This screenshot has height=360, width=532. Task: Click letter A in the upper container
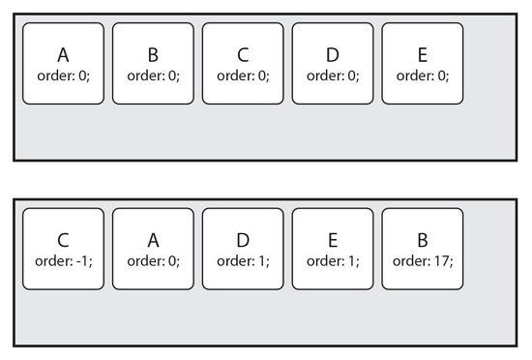(64, 55)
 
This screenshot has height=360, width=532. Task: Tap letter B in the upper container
(154, 55)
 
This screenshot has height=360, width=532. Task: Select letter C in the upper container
(243, 55)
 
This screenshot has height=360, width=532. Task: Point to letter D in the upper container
(333, 55)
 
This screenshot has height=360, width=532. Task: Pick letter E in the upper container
(423, 55)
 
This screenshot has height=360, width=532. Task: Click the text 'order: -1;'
(64, 260)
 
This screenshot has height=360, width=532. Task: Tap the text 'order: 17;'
(423, 260)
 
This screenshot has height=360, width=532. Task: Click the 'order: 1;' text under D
(243, 260)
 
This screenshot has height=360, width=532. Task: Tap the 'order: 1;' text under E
(333, 260)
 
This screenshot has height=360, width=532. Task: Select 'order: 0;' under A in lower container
(154, 260)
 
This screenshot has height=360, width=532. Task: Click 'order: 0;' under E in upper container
(423, 75)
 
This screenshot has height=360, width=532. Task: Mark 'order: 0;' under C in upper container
(243, 75)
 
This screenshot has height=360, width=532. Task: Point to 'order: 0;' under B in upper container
(154, 75)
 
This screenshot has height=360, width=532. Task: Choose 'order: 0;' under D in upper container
(333, 75)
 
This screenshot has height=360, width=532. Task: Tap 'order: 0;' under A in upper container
(64, 75)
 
